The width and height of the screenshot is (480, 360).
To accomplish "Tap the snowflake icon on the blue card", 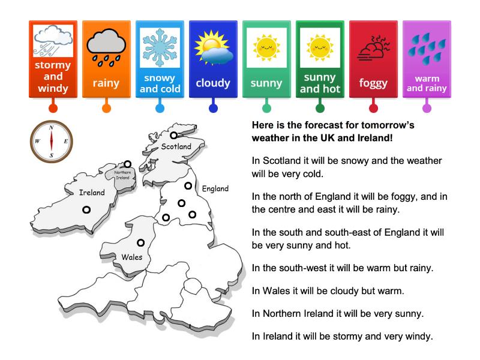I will (160, 44).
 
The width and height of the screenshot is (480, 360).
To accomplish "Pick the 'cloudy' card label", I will (213, 83).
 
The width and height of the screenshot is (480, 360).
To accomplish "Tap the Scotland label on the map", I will (176, 146).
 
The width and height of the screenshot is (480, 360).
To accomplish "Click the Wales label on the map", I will (132, 257).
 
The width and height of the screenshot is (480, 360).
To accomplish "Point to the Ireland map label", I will (92, 193).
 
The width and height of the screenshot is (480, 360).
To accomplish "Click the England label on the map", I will (215, 188).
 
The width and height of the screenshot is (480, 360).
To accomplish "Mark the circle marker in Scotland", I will (173, 136).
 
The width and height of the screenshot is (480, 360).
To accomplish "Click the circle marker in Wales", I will (141, 243).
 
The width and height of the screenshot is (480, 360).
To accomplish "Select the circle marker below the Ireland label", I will (86, 209).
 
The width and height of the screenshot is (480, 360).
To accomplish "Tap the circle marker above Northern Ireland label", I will (127, 164).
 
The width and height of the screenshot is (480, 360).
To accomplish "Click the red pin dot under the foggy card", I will (373, 109).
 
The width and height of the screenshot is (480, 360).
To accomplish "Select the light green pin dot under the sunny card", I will (266, 109).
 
